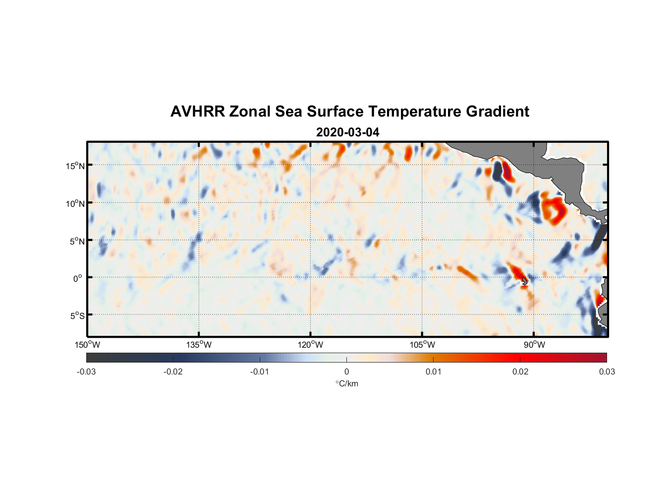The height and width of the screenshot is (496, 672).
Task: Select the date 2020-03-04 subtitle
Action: pyautogui.click(x=347, y=132)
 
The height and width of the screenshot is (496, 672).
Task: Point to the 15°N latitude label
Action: pyautogui.click(x=75, y=166)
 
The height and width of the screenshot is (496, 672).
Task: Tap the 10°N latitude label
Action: pyautogui.click(x=75, y=203)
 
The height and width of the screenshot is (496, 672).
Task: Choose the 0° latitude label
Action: pyautogui.click(x=78, y=278)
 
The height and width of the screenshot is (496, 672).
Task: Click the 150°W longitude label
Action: pyautogui.click(x=87, y=345)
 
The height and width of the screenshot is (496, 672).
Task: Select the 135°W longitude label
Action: pyautogui.click(x=199, y=345)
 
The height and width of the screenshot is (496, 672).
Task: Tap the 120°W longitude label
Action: pyautogui.click(x=310, y=345)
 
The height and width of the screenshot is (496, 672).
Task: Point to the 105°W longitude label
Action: pyautogui.click(x=422, y=345)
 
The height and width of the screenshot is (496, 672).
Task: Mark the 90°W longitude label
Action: pyautogui.click(x=534, y=345)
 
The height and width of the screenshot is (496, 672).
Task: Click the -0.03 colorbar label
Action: pyautogui.click(x=86, y=372)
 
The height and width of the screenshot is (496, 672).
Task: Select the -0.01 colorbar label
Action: pyautogui.click(x=260, y=372)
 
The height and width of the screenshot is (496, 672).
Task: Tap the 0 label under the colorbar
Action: pyautogui.click(x=346, y=372)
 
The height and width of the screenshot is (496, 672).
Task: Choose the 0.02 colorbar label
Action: pyautogui.click(x=520, y=372)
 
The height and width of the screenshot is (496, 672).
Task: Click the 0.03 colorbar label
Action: pyautogui.click(x=607, y=372)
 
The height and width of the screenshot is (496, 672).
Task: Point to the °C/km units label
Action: pyautogui.click(x=346, y=383)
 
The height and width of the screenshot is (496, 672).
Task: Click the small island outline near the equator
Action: pyautogui.click(x=524, y=281)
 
